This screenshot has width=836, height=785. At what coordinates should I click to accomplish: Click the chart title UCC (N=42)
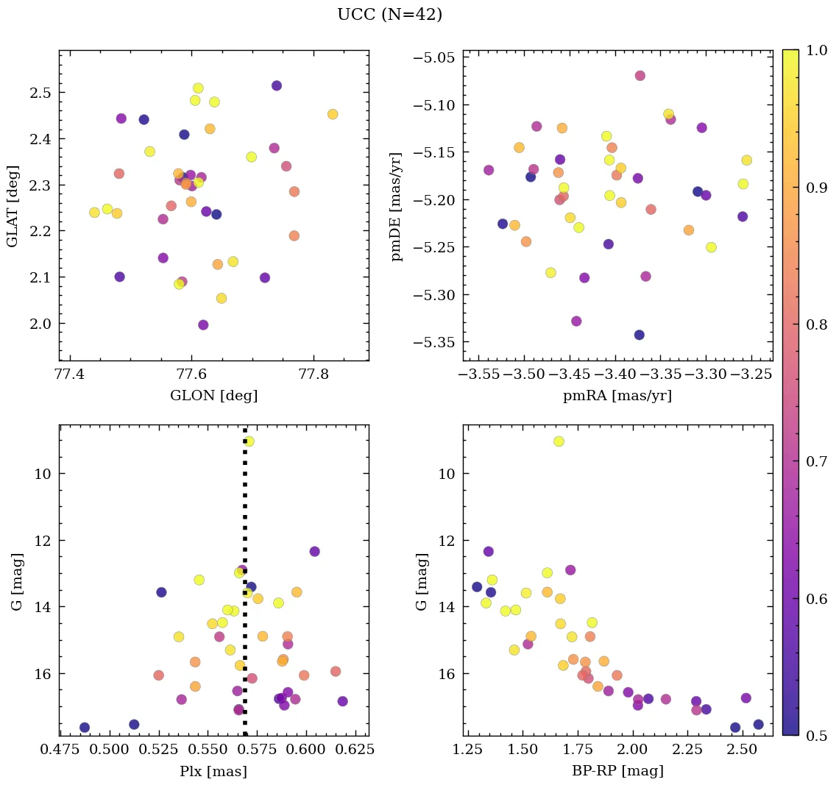click(389, 15)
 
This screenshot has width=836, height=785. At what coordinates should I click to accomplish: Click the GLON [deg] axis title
click(213, 396)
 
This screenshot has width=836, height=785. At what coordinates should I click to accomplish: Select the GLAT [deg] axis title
click(13, 205)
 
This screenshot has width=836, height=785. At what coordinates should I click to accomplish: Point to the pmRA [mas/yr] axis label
click(617, 396)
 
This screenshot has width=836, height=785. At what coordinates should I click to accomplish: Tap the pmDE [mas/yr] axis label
click(398, 205)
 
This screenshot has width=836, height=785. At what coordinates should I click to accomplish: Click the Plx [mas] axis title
click(213, 771)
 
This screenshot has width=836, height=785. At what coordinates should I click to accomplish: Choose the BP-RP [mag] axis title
click(617, 771)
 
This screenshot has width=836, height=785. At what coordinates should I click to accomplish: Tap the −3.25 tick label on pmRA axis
click(751, 374)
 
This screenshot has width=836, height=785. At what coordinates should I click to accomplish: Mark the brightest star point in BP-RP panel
click(559, 441)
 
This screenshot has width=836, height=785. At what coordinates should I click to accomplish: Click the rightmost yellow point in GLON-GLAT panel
click(333, 114)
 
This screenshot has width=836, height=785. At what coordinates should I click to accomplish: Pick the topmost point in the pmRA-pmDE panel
click(640, 76)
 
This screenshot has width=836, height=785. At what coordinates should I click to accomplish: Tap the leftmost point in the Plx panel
click(85, 728)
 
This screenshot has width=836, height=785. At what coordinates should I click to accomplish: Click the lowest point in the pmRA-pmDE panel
click(640, 335)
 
